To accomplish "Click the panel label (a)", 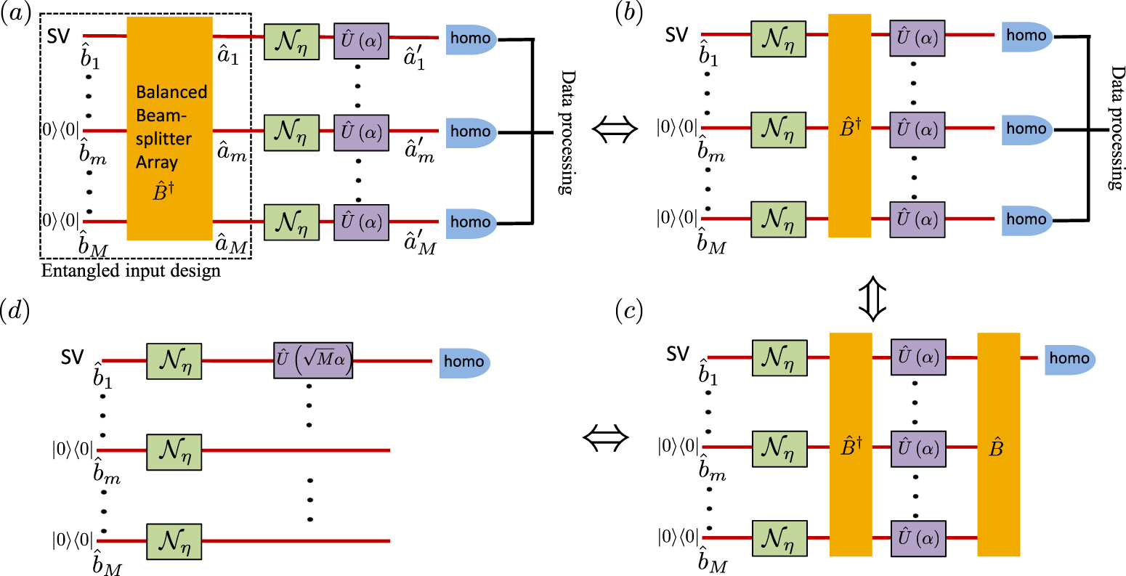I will (16, 14).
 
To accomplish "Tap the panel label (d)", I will (17, 311).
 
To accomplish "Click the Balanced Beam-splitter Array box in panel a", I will (170, 129).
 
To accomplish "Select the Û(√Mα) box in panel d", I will (313, 360).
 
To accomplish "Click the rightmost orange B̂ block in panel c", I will (998, 445).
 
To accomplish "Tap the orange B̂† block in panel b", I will (849, 126).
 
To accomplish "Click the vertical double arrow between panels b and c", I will (872, 298).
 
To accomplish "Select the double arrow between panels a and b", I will (615, 130).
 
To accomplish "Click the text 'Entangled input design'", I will (131, 272).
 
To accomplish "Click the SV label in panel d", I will (72, 358).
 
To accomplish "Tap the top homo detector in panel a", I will (471, 37).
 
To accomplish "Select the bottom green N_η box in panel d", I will (174, 542).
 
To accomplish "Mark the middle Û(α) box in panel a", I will (361, 131).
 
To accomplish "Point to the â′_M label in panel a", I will (421, 244).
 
